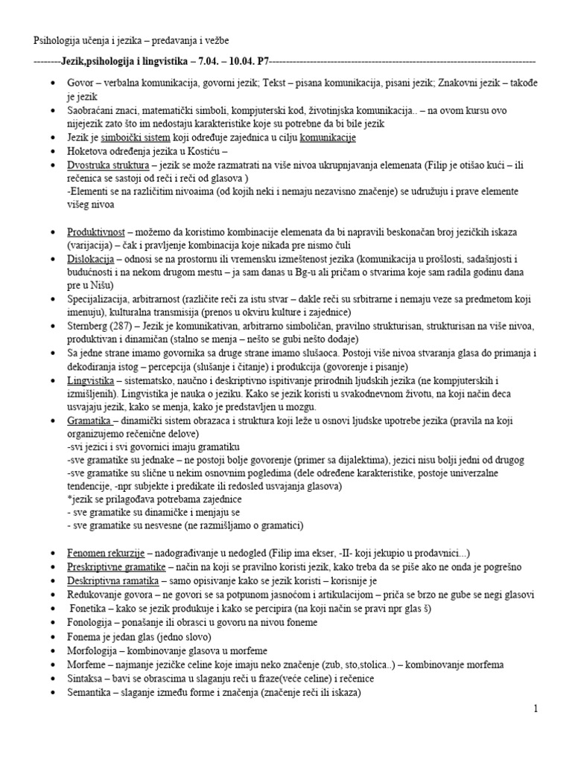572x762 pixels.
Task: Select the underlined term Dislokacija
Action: [x=90, y=259]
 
